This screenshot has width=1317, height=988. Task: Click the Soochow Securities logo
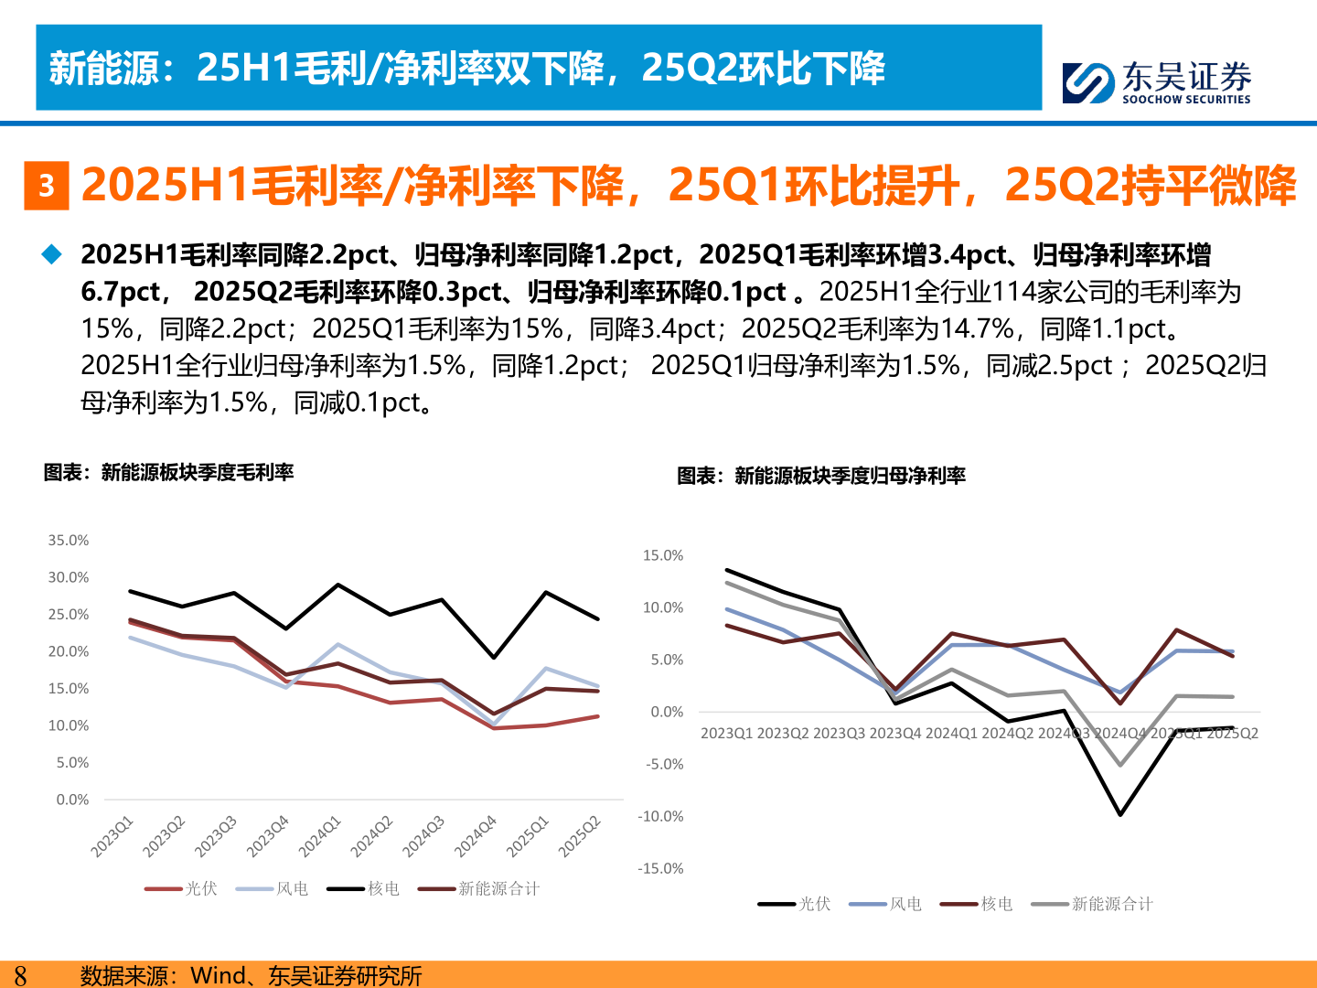pyautogui.click(x=1156, y=82)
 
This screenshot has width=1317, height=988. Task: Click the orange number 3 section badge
pyautogui.click(x=47, y=186)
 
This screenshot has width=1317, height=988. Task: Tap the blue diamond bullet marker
pyautogui.click(x=52, y=254)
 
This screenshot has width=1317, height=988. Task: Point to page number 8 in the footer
pyautogui.click(x=20, y=975)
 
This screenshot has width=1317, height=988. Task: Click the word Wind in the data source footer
pyautogui.click(x=219, y=975)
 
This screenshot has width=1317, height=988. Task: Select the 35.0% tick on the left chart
pyautogui.click(x=69, y=541)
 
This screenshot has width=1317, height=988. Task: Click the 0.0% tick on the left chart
pyautogui.click(x=72, y=800)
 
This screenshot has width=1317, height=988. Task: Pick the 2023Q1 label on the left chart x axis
pyautogui.click(x=112, y=836)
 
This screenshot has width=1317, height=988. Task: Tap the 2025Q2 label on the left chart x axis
pyautogui.click(x=580, y=836)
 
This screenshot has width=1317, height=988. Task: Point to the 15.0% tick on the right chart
pyautogui.click(x=663, y=555)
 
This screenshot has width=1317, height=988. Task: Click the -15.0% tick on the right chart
pyautogui.click(x=660, y=868)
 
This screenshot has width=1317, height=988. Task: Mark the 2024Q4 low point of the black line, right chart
pyautogui.click(x=1120, y=814)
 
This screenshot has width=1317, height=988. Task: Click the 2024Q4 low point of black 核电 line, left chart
pyautogui.click(x=494, y=658)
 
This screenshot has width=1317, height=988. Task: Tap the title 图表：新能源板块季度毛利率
pyautogui.click(x=169, y=472)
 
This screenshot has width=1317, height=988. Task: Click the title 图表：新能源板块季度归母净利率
pyautogui.click(x=821, y=476)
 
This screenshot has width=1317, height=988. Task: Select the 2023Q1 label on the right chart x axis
pyautogui.click(x=727, y=733)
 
